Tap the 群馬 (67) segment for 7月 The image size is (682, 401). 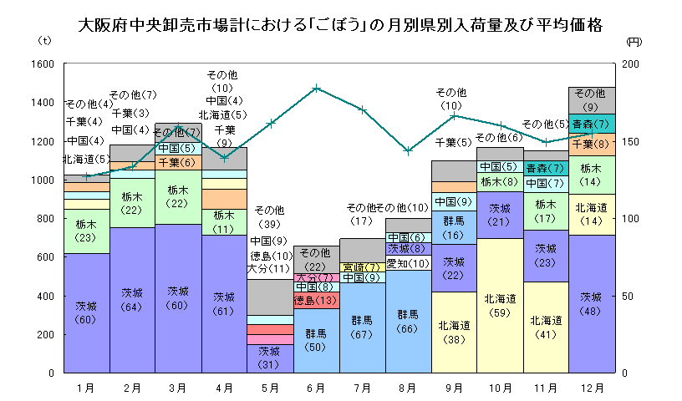tap(361, 327)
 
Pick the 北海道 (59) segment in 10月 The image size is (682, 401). tap(500, 304)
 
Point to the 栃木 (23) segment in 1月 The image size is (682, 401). tap(86, 231)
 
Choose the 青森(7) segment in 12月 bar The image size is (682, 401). tap(591, 124)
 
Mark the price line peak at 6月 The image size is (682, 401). tap(316, 88)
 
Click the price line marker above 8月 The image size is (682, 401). tap(407, 150)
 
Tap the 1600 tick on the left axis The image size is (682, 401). tap(43, 64)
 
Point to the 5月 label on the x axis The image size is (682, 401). tap(269, 388)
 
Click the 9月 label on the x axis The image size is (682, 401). tap(453, 388)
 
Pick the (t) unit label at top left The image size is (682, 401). tap(45, 40)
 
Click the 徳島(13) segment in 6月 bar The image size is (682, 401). tap(315, 300)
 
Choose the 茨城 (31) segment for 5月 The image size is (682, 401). tap(269, 357)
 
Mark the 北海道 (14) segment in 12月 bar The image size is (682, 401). tap(591, 214)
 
